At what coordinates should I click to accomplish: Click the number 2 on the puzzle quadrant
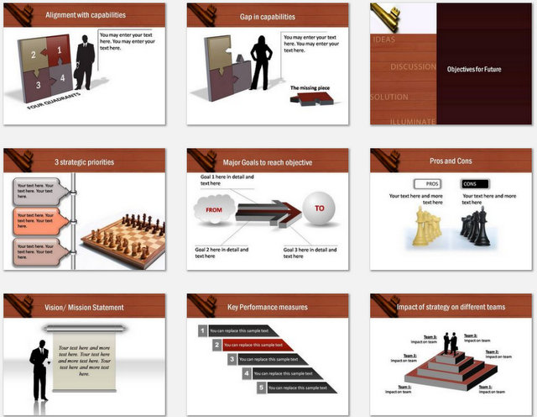(x=33, y=55)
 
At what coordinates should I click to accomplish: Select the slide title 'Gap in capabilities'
(x=257, y=16)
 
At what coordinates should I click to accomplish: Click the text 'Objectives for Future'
(x=474, y=69)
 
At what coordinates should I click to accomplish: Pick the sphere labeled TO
(x=318, y=210)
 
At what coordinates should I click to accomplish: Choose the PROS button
(x=431, y=183)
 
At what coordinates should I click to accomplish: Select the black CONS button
(x=476, y=183)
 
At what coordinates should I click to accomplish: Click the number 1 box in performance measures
(x=202, y=331)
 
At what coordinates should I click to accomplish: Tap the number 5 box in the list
(x=261, y=388)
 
